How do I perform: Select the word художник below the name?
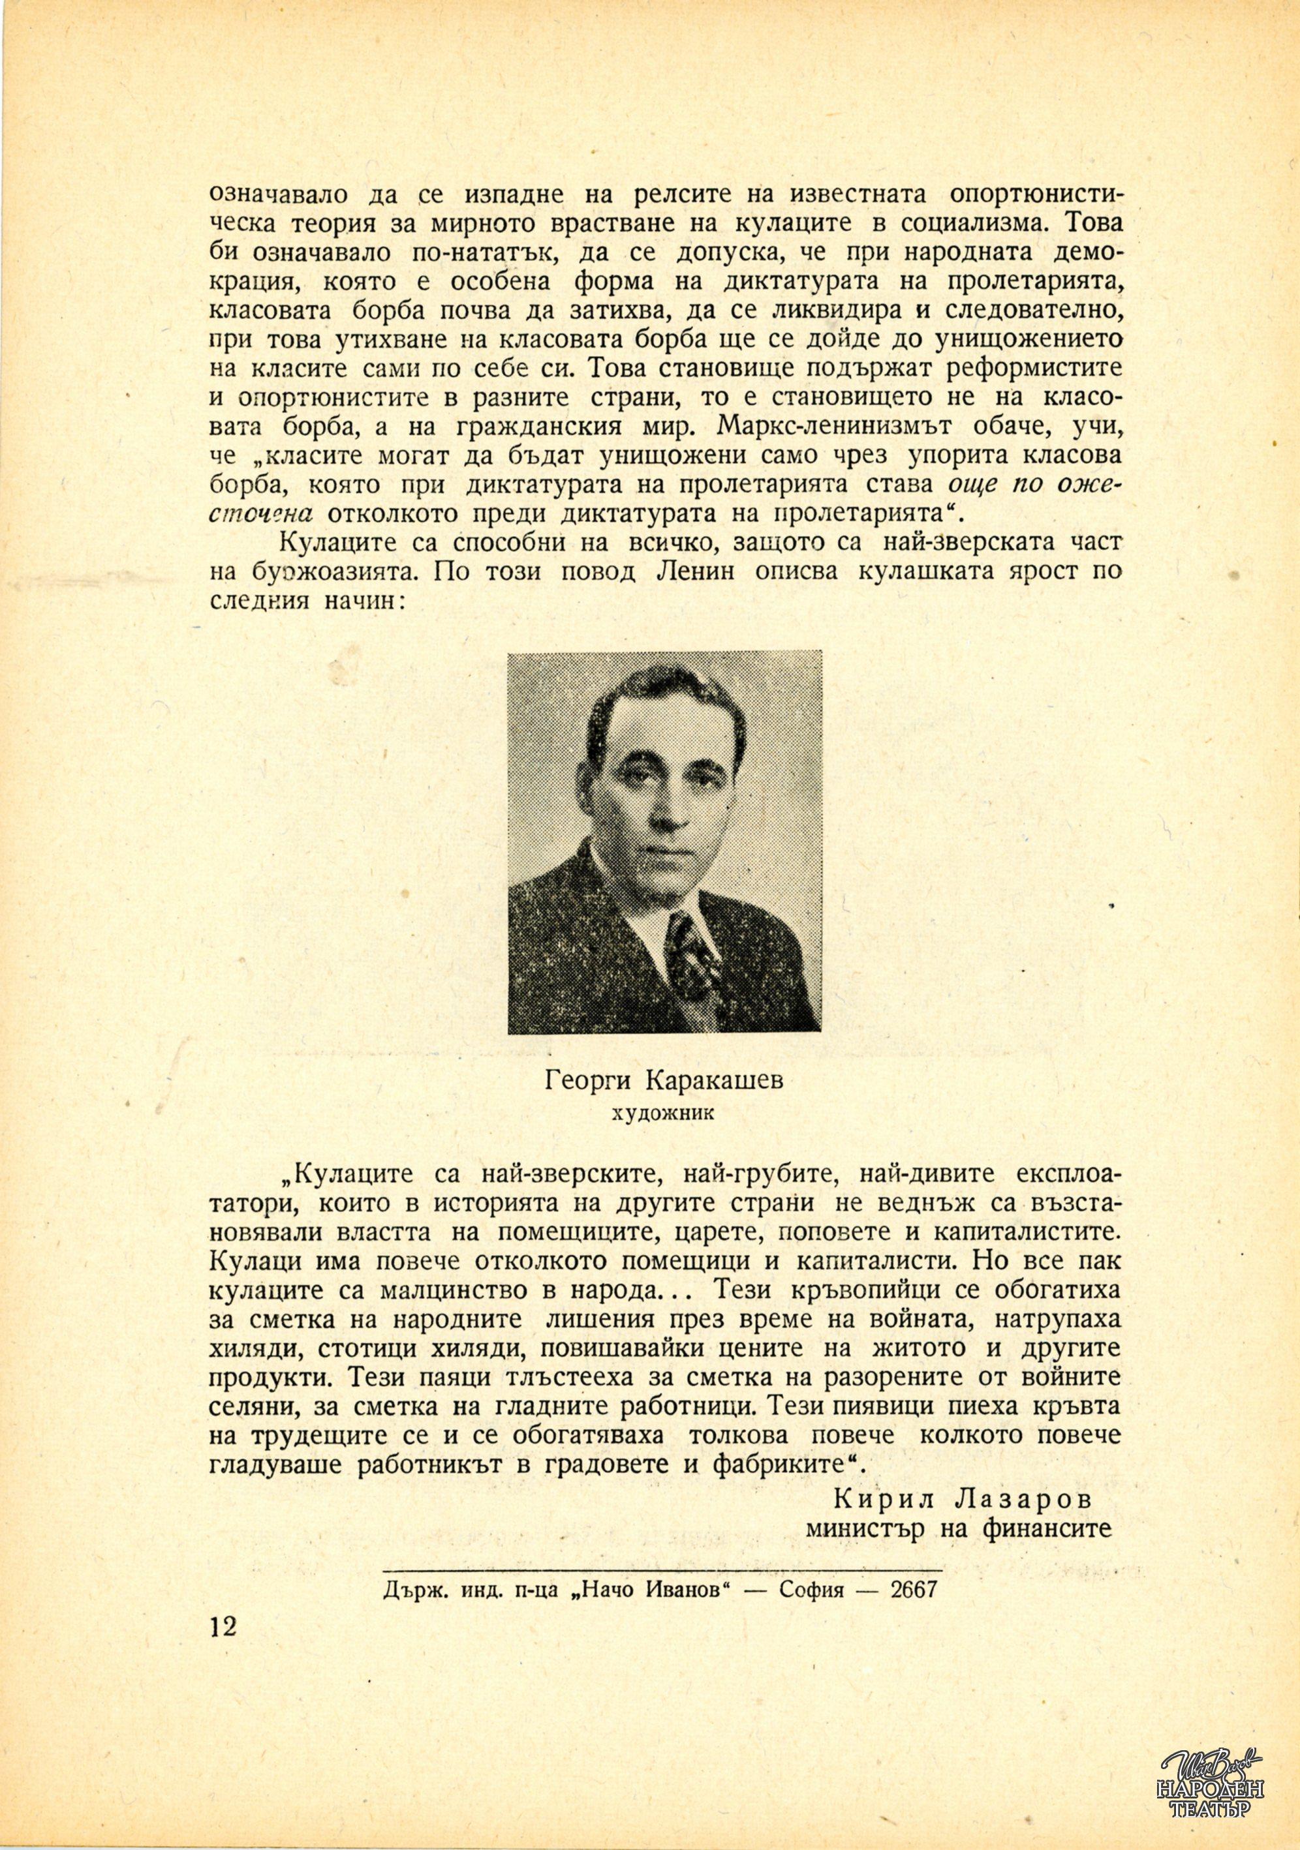(x=663, y=1114)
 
